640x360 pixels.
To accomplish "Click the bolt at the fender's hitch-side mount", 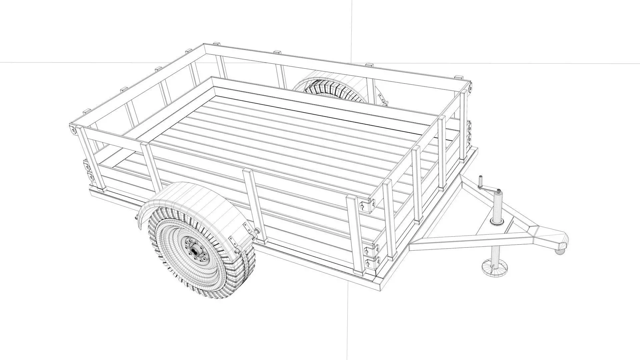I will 257,231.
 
